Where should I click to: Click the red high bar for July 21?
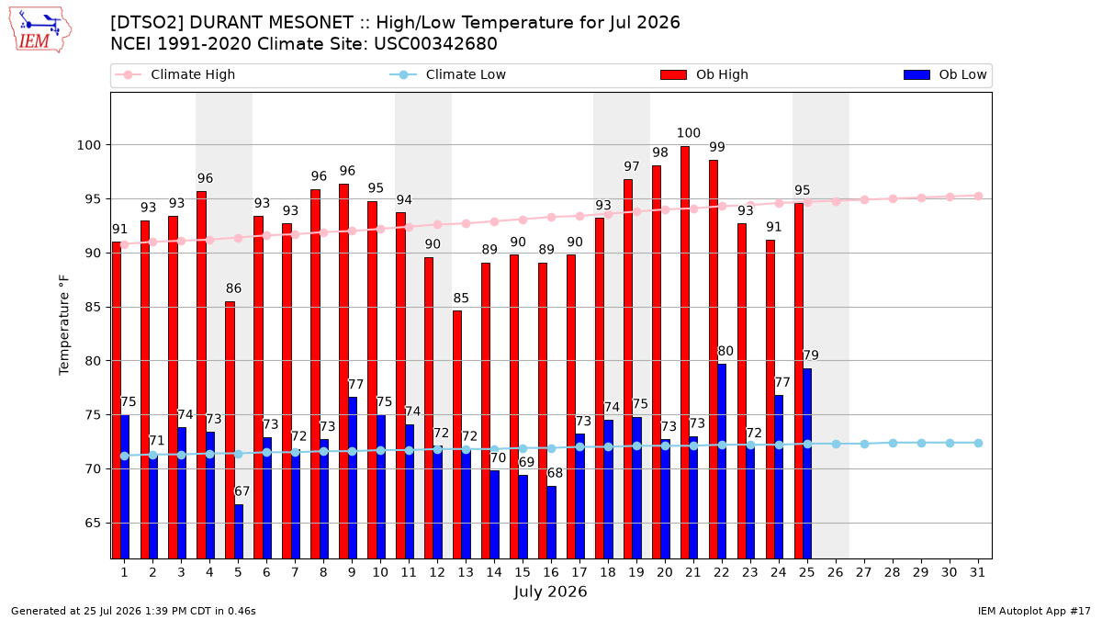(x=685, y=353)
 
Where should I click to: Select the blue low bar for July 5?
(x=239, y=532)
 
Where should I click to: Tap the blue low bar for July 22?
(x=722, y=461)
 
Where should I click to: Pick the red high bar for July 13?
(x=457, y=434)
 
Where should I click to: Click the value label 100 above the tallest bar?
(x=688, y=133)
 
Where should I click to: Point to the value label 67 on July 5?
(x=242, y=491)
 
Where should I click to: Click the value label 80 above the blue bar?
(x=725, y=351)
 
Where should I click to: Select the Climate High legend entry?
(x=174, y=74)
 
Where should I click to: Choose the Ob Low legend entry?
(x=945, y=74)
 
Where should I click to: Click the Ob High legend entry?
(x=704, y=74)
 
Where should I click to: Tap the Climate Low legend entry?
(x=448, y=74)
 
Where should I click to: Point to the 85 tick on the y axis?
(x=93, y=307)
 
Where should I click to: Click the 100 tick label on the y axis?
(x=88, y=145)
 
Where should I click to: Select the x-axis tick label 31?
(x=977, y=572)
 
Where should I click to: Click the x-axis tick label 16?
(x=551, y=572)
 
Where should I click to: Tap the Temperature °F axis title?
(x=64, y=325)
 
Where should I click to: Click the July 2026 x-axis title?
(x=550, y=592)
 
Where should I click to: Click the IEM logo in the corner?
(x=39, y=30)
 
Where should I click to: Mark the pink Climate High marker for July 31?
(x=978, y=197)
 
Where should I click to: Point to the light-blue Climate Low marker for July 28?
(x=893, y=444)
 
